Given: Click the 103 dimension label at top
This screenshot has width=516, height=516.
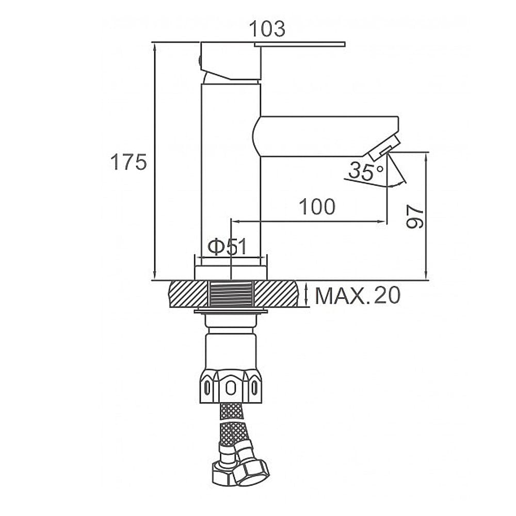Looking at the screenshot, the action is pyautogui.click(x=267, y=29).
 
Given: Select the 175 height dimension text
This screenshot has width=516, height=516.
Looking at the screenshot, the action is pyautogui.click(x=128, y=162).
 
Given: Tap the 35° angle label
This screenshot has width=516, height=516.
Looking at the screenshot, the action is pyautogui.click(x=366, y=171).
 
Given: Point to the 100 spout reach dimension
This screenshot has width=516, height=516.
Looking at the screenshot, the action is pyautogui.click(x=317, y=207).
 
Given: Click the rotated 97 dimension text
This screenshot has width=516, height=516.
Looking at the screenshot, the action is pyautogui.click(x=415, y=216).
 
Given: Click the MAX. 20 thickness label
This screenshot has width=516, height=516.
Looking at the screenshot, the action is pyautogui.click(x=358, y=295).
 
